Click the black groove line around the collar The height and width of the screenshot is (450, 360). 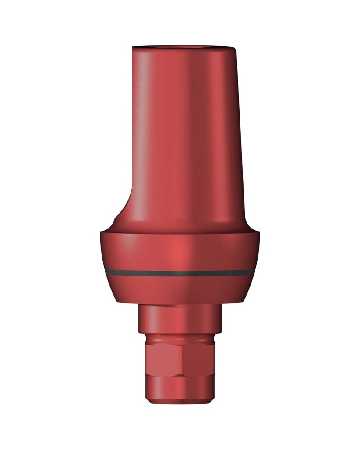pyautogui.click(x=180, y=273)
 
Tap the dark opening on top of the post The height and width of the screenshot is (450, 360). pyautogui.click(x=185, y=46)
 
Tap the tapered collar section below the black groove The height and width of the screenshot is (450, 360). pyautogui.click(x=180, y=290)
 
